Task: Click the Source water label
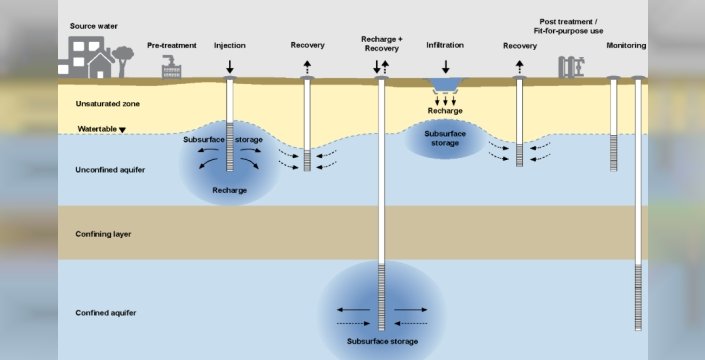point(94,26)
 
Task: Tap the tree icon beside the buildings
point(123,61)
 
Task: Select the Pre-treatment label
point(172,45)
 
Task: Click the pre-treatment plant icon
point(171,67)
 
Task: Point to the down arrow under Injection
point(230,67)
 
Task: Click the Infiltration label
point(445,45)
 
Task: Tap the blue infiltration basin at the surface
point(445,84)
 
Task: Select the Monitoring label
point(626,45)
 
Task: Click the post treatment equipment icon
point(571,67)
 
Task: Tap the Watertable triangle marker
point(122,130)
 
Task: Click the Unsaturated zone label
point(107,104)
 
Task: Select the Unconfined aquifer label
point(110,170)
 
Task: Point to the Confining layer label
point(103,234)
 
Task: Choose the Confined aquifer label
point(106,313)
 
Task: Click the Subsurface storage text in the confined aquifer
point(382,342)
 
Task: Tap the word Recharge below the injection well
point(230,191)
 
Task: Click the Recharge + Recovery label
point(382,44)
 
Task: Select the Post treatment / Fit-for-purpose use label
point(568,27)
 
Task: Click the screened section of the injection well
point(230,147)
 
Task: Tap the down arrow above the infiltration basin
point(446,67)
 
